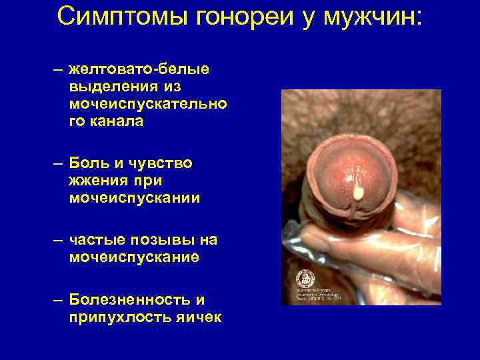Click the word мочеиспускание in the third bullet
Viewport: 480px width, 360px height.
(134, 257)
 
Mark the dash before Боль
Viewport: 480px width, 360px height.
(59, 163)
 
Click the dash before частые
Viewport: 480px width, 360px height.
(59, 239)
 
